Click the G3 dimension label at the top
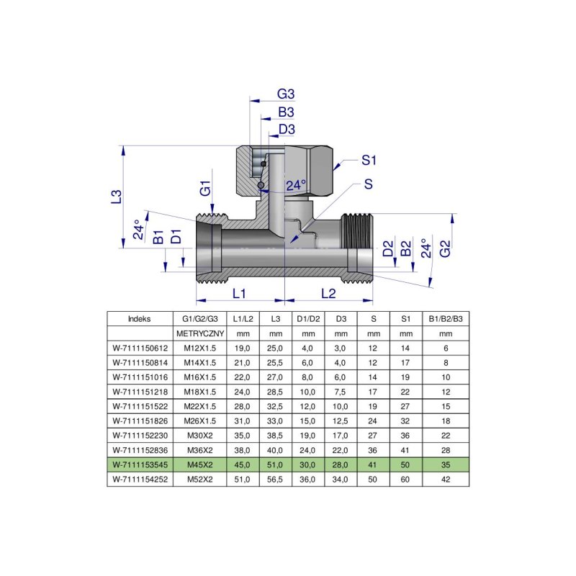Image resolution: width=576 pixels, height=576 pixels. coord(287,95)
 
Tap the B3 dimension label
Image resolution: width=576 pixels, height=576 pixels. coord(287,112)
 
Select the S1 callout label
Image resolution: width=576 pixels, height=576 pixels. coord(369,159)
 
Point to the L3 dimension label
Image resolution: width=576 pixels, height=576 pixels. coord(117,197)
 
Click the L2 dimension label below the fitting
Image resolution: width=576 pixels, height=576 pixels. coord(328,294)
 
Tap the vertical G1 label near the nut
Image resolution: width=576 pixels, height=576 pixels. coord(206,190)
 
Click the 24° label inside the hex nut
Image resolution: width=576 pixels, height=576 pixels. coord(295,186)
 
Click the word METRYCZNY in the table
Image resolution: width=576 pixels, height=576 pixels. coord(200,334)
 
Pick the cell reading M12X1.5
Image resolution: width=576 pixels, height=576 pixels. coord(200,348)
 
